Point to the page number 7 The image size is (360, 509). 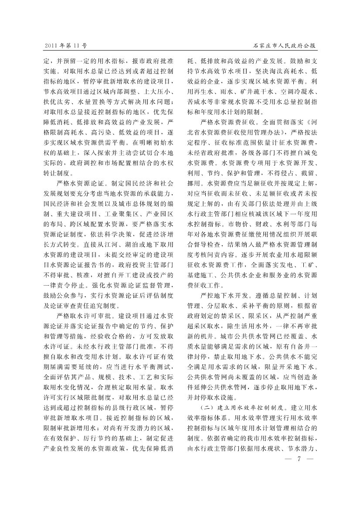pos(299,458)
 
